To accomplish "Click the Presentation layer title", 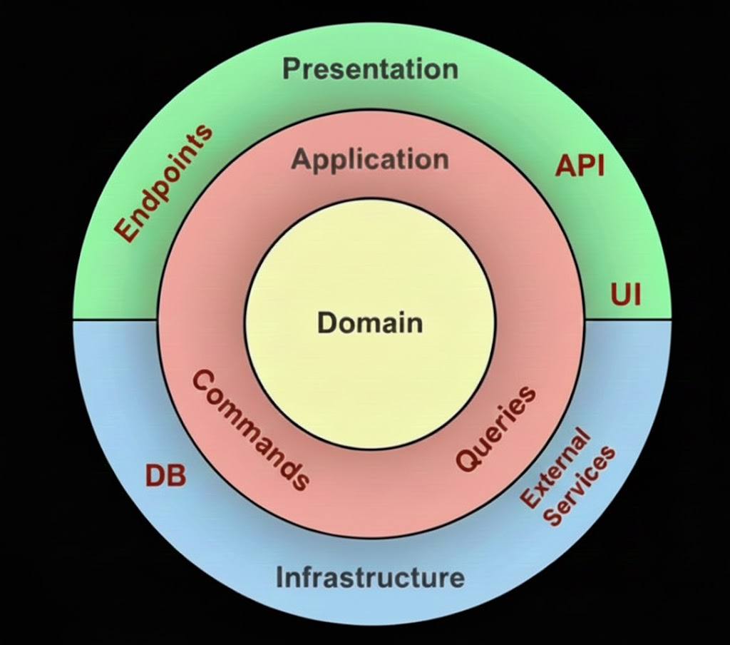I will (x=370, y=69).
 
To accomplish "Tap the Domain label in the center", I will (x=370, y=322).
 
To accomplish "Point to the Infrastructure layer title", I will (x=370, y=577).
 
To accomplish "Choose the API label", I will (x=580, y=166).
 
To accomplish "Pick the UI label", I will (x=625, y=294).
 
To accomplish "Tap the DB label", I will (x=165, y=476).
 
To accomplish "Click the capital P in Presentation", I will (x=292, y=70).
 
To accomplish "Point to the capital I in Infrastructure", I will (x=280, y=577).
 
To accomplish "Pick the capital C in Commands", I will (x=203, y=380).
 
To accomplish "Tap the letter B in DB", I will (x=177, y=476).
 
